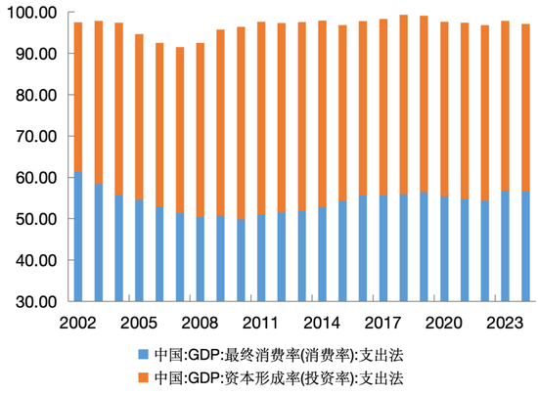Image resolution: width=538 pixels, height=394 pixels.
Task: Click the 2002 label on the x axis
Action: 78,322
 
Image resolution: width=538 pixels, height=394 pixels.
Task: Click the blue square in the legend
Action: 144,353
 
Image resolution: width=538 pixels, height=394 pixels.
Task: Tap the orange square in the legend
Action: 144,375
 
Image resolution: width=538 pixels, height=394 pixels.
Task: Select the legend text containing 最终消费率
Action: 279,353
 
